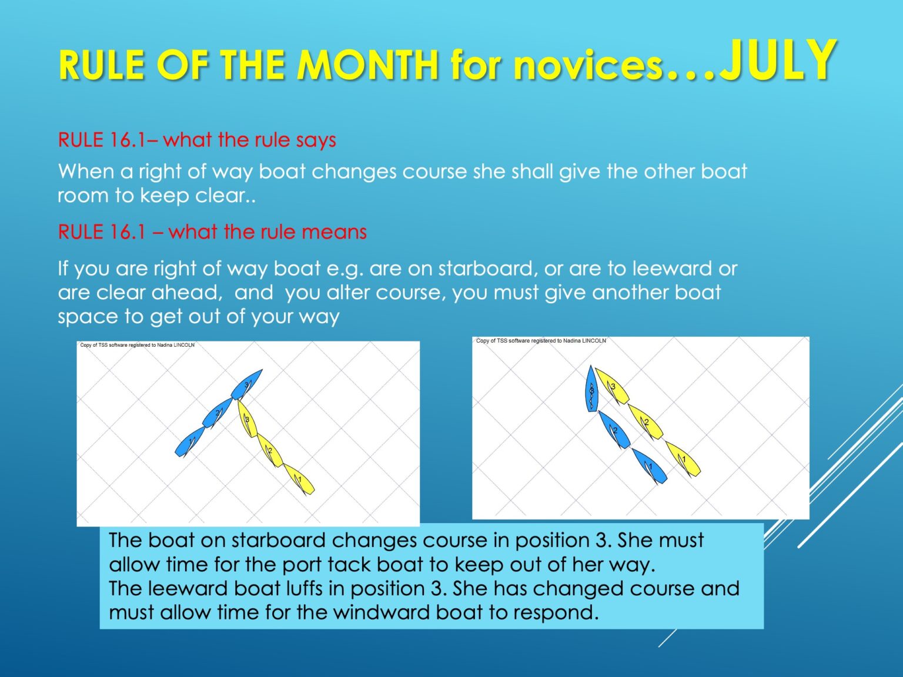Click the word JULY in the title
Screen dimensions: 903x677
point(779,61)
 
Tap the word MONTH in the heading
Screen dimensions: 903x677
point(367,65)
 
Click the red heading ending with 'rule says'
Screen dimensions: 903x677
point(197,140)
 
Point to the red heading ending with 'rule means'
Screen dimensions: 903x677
point(212,232)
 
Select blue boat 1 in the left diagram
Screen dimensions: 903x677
point(190,442)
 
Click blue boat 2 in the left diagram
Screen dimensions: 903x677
point(218,413)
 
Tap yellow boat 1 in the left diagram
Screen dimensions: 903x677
point(299,480)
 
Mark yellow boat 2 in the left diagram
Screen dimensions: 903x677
point(270,451)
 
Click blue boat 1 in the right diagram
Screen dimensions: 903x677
point(650,466)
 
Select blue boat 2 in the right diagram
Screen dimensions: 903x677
point(614,430)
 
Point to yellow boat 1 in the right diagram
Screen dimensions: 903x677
point(683,459)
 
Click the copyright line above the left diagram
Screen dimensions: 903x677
point(138,345)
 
